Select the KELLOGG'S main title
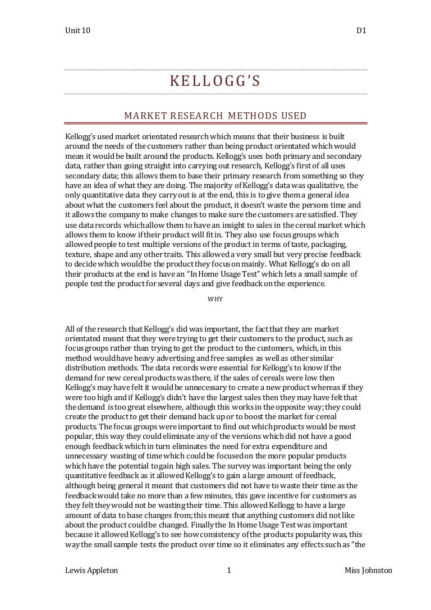[x=215, y=82]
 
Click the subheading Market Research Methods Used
[x=215, y=116]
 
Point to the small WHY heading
[x=215, y=299]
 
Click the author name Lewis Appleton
[x=92, y=571]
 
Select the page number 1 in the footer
[x=229, y=571]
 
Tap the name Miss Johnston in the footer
[x=369, y=571]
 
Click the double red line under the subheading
[x=215, y=123]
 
